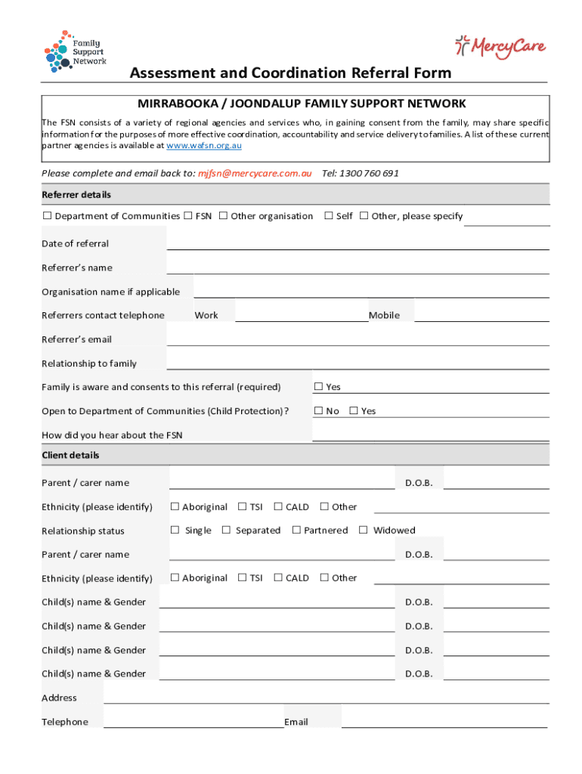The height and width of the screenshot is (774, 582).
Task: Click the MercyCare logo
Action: [x=500, y=48]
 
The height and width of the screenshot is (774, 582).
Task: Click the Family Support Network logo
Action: [x=76, y=51]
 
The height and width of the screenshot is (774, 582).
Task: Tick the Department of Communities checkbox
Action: [x=47, y=216]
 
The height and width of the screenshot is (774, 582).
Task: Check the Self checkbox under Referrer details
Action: [x=329, y=216]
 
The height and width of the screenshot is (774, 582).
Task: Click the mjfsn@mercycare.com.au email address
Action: [x=255, y=173]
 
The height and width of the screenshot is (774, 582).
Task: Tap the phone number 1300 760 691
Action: [x=370, y=173]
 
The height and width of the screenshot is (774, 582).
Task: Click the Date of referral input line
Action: [x=358, y=243]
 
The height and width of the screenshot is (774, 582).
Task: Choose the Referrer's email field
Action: [x=358, y=339]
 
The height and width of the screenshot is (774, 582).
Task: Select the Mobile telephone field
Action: [x=481, y=315]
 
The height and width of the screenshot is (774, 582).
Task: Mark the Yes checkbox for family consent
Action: [x=319, y=387]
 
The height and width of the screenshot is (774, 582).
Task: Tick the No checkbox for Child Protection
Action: [x=319, y=411]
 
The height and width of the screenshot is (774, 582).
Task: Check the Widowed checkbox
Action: [x=364, y=530]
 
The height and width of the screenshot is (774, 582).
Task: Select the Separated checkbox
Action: [x=226, y=530]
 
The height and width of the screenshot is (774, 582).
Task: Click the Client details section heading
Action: [x=70, y=455]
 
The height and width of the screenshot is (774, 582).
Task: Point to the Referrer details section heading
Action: [x=76, y=194]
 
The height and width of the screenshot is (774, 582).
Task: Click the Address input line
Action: [x=326, y=698]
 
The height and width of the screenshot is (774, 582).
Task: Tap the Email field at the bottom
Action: [x=444, y=721]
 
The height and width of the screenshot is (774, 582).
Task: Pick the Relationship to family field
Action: [x=358, y=364]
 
